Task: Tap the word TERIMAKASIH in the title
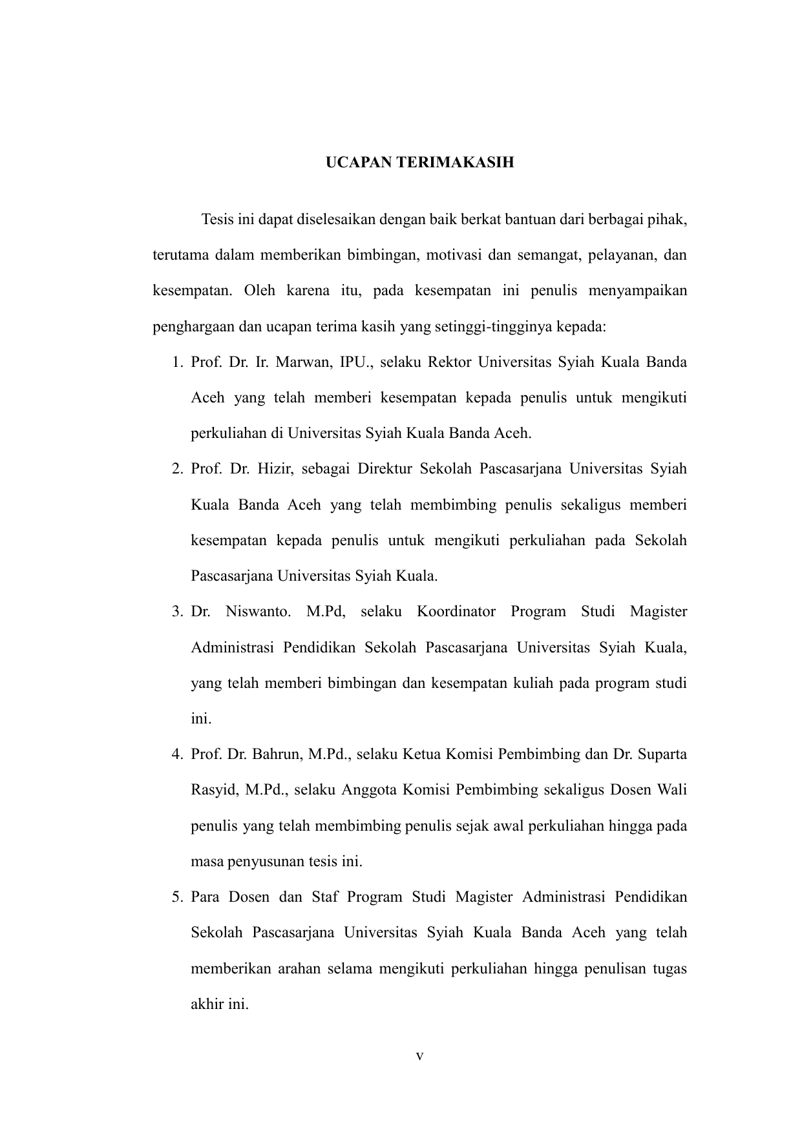tap(455, 162)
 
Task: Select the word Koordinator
tap(456, 611)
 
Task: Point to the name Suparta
tap(662, 754)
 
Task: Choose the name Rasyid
tap(213, 789)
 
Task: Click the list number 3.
tap(177, 611)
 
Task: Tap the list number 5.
tap(177, 897)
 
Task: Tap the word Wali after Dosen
tap(671, 789)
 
